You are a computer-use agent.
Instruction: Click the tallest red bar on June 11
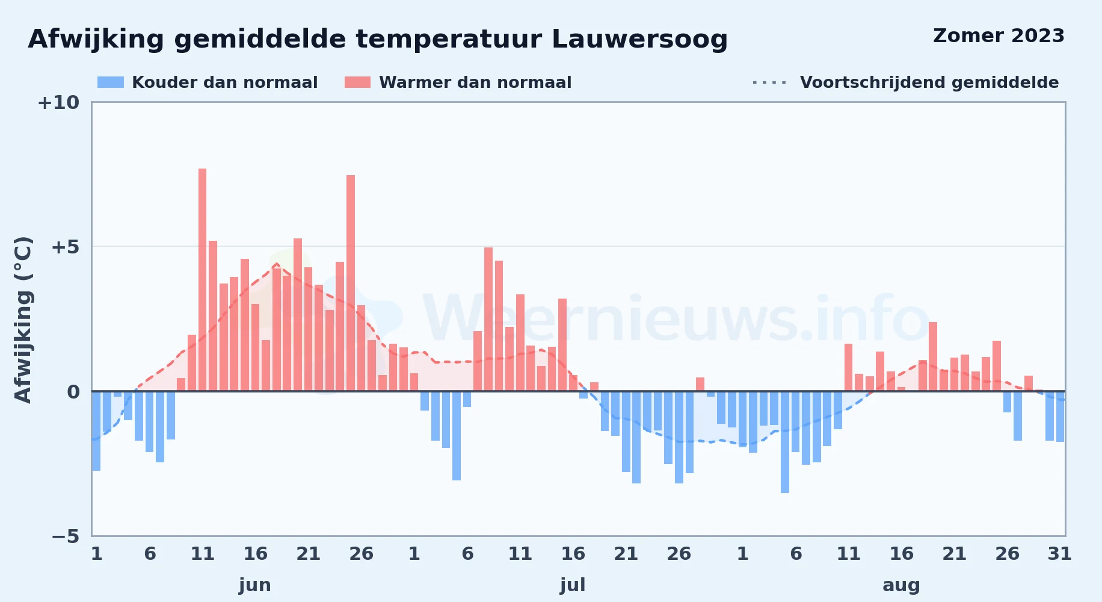pos(202,280)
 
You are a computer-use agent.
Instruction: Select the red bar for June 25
pos(351,283)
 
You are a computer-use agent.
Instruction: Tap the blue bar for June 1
pos(96,431)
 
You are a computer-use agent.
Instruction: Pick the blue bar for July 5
pos(457,436)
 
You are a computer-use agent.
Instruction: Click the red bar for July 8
pos(488,319)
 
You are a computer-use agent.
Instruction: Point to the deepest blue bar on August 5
pos(785,442)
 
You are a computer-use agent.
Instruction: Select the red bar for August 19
pos(933,356)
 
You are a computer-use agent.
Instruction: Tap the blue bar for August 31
pos(1060,417)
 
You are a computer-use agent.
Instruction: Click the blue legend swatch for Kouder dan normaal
pos(111,82)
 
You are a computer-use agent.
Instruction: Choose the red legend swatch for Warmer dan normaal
pos(357,82)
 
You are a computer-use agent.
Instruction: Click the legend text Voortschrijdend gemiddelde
pos(929,82)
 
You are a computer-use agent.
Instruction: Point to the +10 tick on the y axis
pos(58,102)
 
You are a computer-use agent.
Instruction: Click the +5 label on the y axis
pos(66,247)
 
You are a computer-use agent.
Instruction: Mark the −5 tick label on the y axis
pos(66,536)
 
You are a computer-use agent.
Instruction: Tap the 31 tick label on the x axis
pos(1060,554)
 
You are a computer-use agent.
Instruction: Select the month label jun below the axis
pos(255,585)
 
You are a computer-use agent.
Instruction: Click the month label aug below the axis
pos(901,585)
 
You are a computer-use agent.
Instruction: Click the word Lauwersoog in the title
pos(639,39)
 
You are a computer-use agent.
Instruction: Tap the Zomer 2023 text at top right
pos(999,36)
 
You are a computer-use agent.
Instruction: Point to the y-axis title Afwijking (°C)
pos(23,319)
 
